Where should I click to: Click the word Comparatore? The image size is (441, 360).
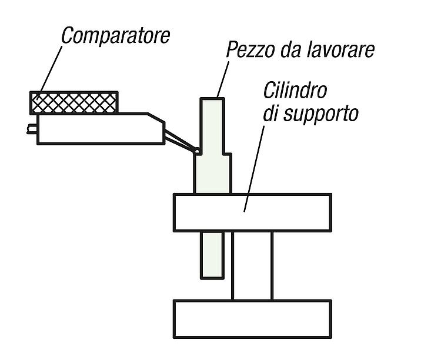(x=116, y=36)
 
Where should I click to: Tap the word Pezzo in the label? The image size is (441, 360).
(x=250, y=49)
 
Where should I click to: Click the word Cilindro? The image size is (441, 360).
(x=295, y=91)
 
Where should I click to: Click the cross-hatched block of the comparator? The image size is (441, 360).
(x=74, y=103)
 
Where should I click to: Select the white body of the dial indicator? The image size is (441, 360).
(x=101, y=129)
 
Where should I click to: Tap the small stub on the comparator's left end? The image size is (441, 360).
(x=32, y=129)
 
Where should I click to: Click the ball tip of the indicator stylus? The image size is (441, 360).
(x=197, y=151)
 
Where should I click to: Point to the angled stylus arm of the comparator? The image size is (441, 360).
(x=179, y=141)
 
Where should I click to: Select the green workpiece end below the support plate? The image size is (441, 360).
(x=212, y=255)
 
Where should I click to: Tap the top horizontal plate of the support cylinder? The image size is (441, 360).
(x=252, y=212)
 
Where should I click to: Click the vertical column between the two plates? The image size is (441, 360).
(x=252, y=266)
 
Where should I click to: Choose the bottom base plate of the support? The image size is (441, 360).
(x=252, y=319)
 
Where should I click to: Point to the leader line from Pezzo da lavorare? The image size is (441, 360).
(x=223, y=79)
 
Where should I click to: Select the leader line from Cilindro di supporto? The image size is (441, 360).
(x=254, y=168)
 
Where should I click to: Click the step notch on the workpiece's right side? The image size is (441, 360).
(x=227, y=154)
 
